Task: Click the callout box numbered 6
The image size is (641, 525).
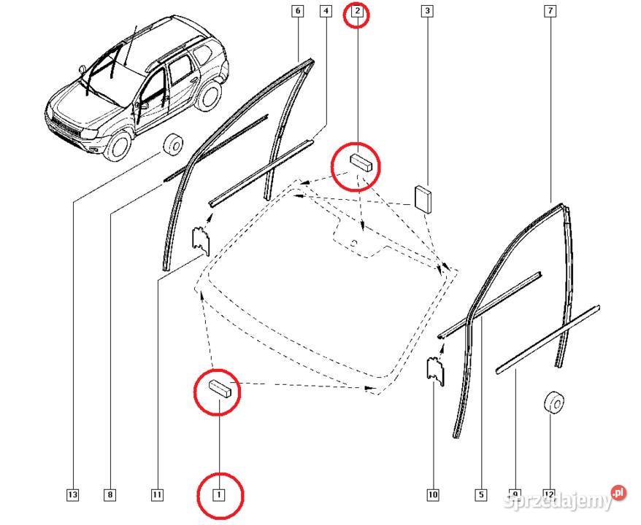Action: click(x=298, y=11)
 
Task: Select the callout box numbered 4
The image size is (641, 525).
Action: click(x=326, y=11)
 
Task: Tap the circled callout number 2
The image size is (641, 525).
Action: click(x=357, y=11)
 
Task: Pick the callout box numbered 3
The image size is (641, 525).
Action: click(x=427, y=11)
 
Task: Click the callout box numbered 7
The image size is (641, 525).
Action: click(x=550, y=11)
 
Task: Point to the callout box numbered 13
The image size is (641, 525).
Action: click(x=73, y=495)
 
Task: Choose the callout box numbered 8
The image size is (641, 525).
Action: click(x=110, y=495)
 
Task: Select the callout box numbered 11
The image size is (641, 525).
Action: click(x=157, y=495)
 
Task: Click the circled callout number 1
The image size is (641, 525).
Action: click(x=219, y=495)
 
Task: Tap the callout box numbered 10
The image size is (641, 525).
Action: click(x=433, y=495)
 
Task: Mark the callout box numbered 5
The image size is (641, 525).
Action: click(x=481, y=495)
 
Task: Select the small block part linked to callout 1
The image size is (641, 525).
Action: click(x=220, y=388)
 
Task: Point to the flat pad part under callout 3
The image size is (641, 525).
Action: click(x=423, y=199)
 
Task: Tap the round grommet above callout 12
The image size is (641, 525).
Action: click(x=553, y=402)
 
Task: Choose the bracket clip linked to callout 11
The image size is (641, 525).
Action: click(x=201, y=239)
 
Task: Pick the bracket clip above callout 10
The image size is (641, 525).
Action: click(x=435, y=370)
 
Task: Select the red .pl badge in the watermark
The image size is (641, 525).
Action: click(x=619, y=493)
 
